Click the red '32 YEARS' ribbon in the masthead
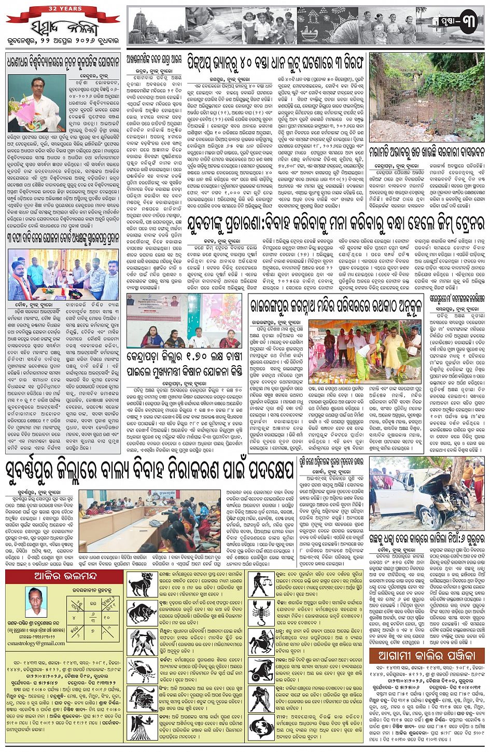65,9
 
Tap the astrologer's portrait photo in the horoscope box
36,601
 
